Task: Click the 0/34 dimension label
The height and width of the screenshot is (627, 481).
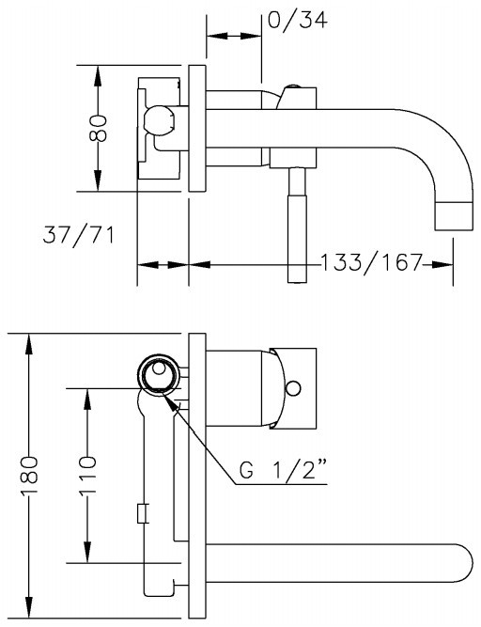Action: click(x=297, y=20)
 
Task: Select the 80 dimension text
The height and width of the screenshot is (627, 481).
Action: click(x=98, y=129)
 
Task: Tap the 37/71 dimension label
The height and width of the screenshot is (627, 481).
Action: click(x=78, y=235)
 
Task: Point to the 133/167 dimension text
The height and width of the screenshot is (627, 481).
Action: click(x=371, y=262)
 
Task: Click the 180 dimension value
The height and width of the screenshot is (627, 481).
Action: click(x=29, y=475)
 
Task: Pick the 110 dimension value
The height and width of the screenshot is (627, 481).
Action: click(x=87, y=475)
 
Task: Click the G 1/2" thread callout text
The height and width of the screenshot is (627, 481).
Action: click(x=284, y=470)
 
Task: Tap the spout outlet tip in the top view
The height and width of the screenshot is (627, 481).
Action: click(x=453, y=216)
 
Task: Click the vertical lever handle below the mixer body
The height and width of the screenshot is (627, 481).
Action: click(x=297, y=225)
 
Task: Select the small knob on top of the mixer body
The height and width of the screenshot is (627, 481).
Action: click(x=294, y=86)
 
